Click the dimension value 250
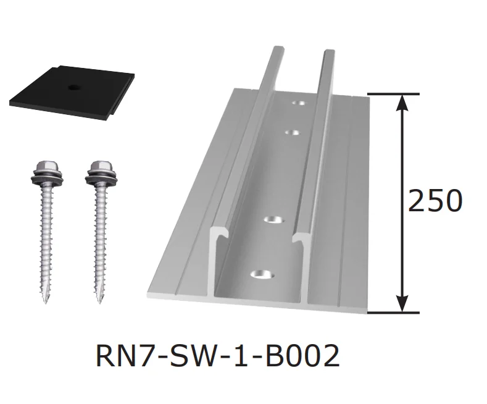click(x=435, y=201)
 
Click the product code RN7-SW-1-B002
click(x=218, y=357)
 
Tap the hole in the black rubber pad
click(x=73, y=87)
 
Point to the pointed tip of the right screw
click(x=99, y=302)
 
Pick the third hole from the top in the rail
click(x=275, y=219)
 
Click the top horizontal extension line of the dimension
click(x=395, y=94)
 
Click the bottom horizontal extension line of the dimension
click(x=395, y=312)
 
